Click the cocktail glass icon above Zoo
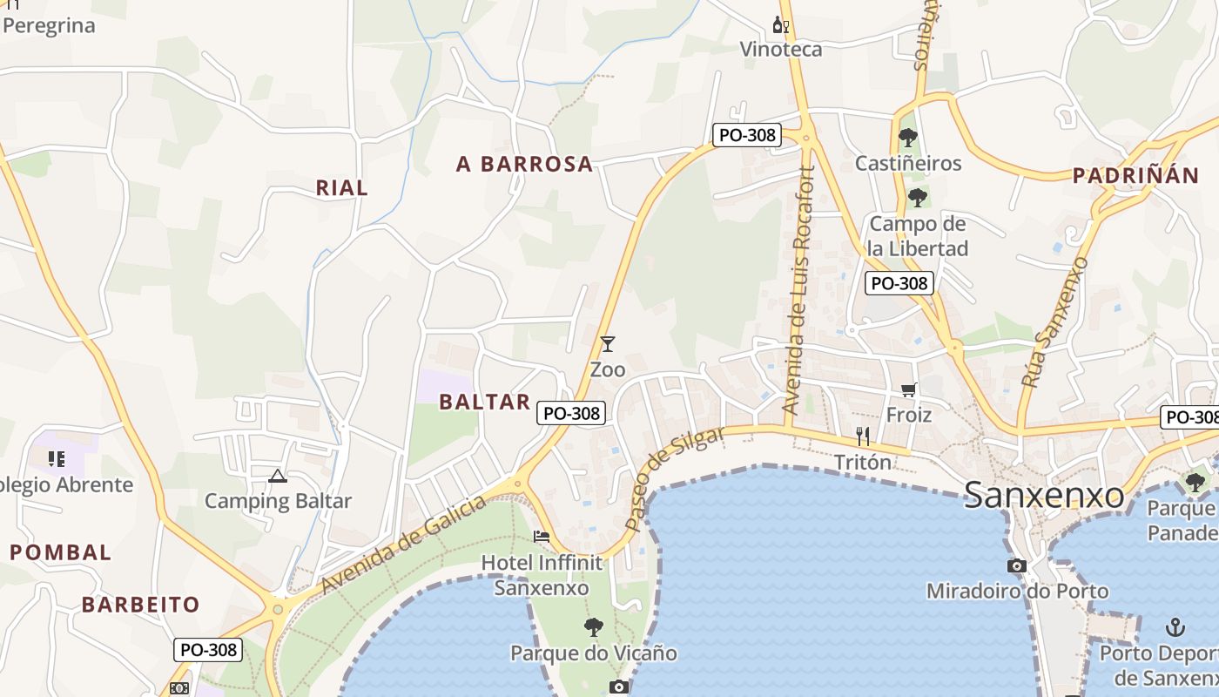point(608,344)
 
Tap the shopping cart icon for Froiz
point(909,389)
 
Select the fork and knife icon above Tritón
point(863,436)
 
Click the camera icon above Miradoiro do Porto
point(1016,566)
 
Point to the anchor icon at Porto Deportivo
point(1175,627)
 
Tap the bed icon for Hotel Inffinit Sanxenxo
point(542,537)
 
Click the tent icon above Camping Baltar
point(277,476)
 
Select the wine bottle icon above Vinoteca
point(781,25)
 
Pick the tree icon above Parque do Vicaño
point(594,626)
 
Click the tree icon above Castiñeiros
point(908,138)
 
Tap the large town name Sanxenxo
point(1044,496)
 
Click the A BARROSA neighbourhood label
point(524,164)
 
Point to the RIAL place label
point(341,187)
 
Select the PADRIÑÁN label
point(1135,175)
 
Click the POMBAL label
point(61,552)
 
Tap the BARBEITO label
point(141,604)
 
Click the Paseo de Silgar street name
point(674,478)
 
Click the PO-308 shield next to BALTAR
point(571,413)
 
